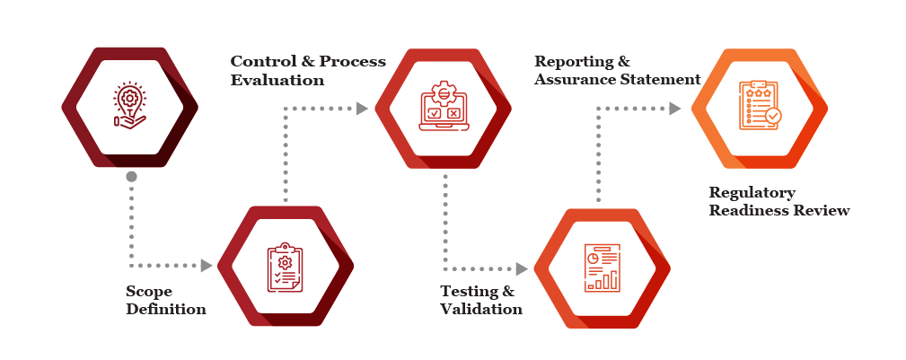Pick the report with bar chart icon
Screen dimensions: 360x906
pyautogui.click(x=602, y=268)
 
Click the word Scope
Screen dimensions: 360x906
pyautogui.click(x=148, y=293)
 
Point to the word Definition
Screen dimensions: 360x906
pyautogui.click(x=166, y=310)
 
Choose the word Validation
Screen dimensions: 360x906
pyautogui.click(x=481, y=310)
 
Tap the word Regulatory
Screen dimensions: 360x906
pyautogui.click(x=752, y=193)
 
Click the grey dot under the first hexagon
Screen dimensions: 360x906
pyautogui.click(x=131, y=177)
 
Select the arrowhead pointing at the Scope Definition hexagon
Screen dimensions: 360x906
pyautogui.click(x=207, y=266)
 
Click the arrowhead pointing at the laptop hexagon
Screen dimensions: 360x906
pyautogui.click(x=362, y=108)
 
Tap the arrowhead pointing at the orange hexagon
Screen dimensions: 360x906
pyautogui.click(x=675, y=108)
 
